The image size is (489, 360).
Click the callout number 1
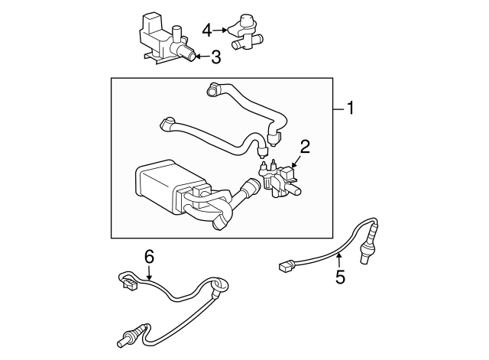click(x=351, y=108)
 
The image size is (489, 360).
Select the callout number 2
click(x=305, y=147)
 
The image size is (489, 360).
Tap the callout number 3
click(x=215, y=57)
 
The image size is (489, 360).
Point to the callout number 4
click(x=207, y=31)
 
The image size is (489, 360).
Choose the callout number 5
click(x=341, y=277)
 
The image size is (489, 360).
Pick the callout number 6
click(x=150, y=257)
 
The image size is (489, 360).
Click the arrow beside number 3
click(x=202, y=57)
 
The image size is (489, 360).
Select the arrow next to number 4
click(x=221, y=30)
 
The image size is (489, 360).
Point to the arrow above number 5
click(x=339, y=261)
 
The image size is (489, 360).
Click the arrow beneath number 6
click(x=150, y=273)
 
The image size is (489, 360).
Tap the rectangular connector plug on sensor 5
click(x=287, y=266)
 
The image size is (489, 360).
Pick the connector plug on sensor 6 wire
click(x=130, y=284)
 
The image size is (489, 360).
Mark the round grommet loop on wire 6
click(x=220, y=286)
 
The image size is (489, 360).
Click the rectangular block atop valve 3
click(x=151, y=22)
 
